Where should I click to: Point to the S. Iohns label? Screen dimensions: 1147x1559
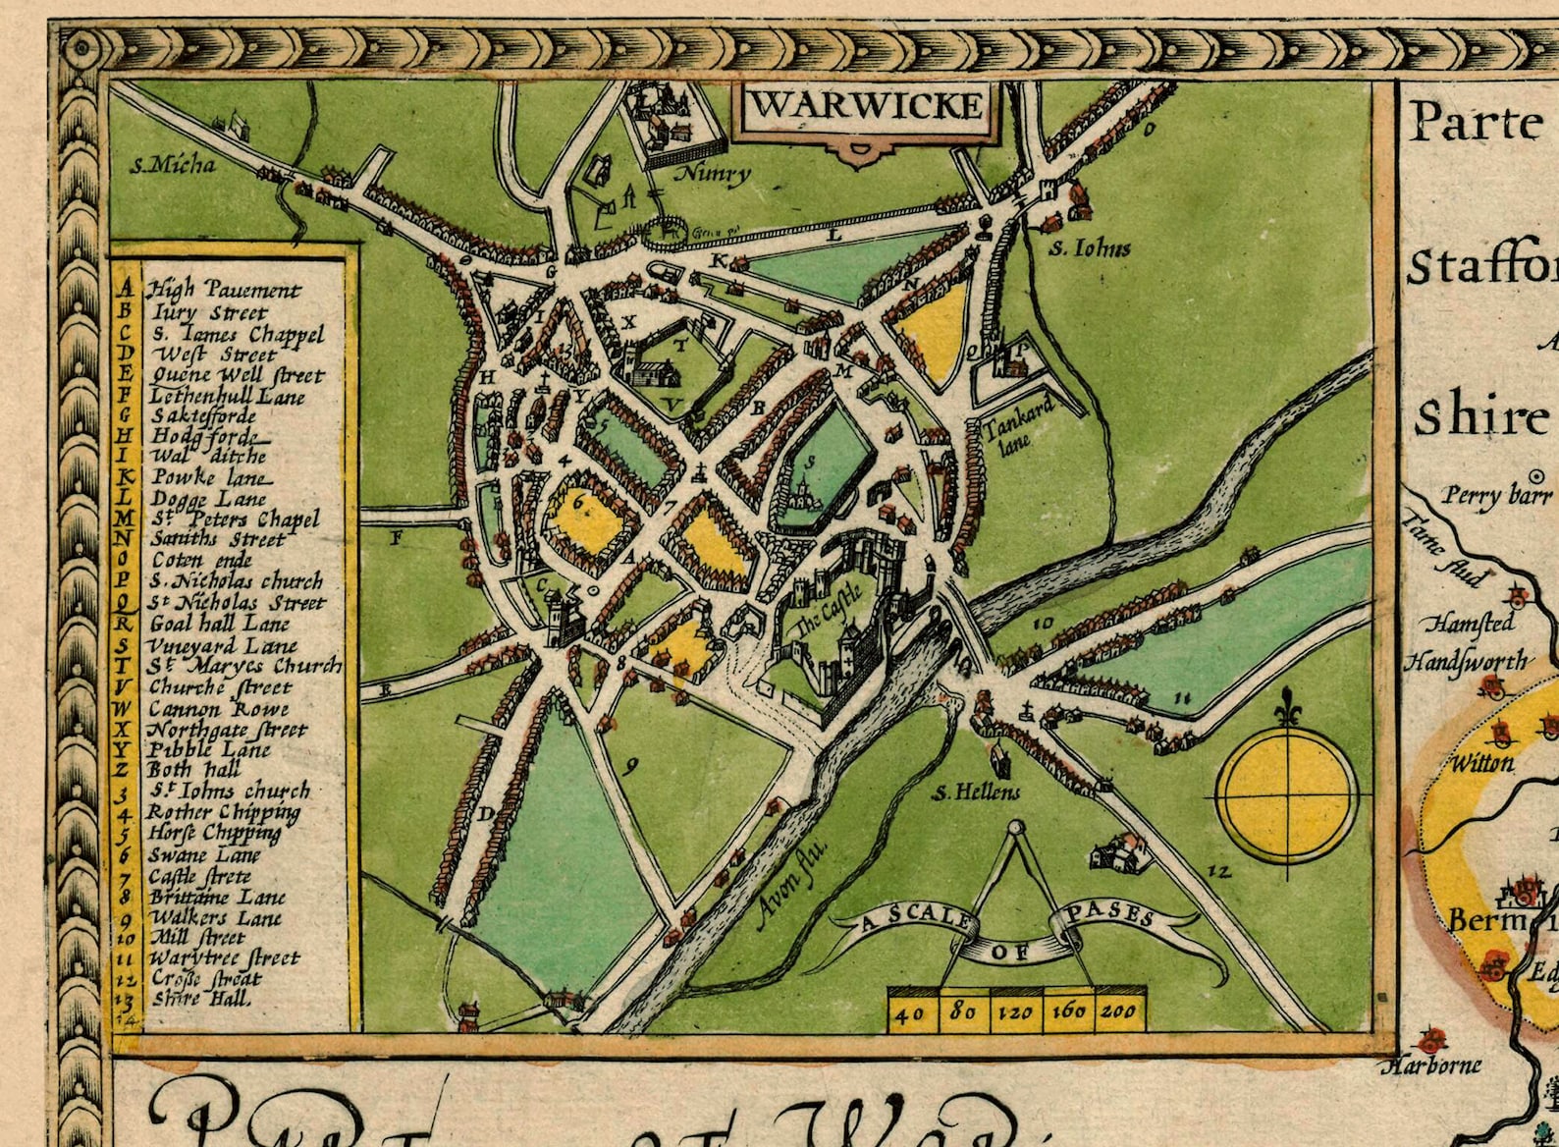pos(1090,248)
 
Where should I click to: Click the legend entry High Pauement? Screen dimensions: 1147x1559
pos(224,290)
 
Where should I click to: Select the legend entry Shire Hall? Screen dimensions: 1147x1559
pos(201,999)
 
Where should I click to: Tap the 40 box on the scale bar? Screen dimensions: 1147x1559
pos(912,1011)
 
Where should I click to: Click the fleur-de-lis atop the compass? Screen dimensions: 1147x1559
pos(1289,707)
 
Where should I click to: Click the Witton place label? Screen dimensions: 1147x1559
pos(1482,762)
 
